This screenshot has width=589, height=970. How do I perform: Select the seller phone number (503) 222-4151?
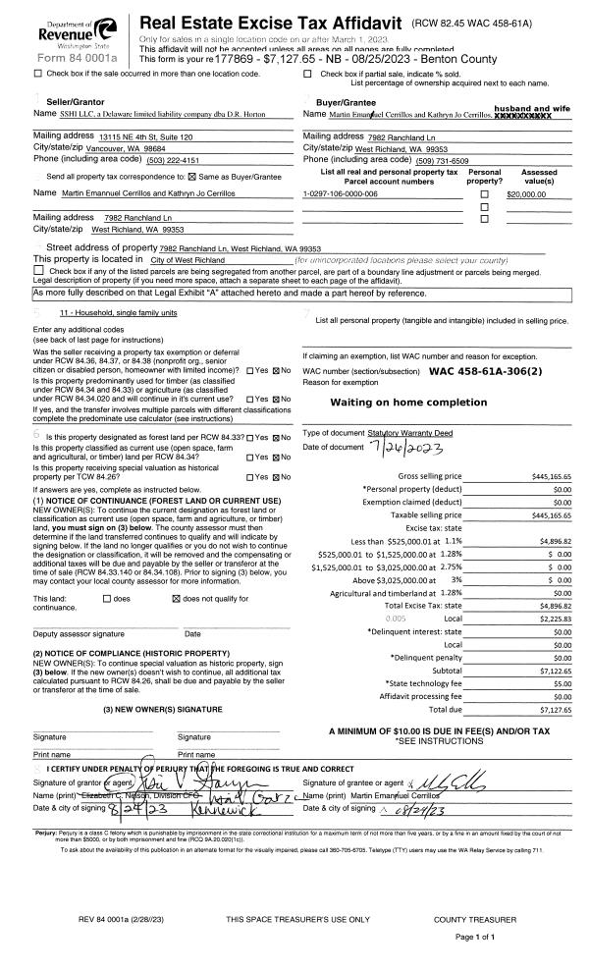pyautogui.click(x=125, y=160)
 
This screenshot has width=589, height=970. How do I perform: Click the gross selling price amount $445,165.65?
pyautogui.click(x=541, y=476)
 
